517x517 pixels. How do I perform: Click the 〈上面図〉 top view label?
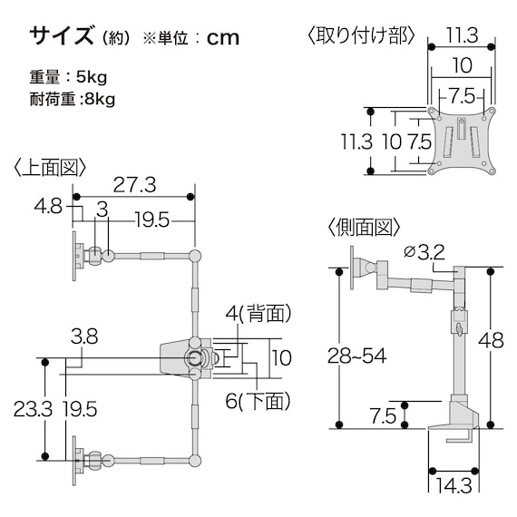pyautogui.click(x=49, y=167)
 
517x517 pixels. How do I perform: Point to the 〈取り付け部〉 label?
pyautogui.click(x=360, y=35)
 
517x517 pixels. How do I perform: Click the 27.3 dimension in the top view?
pyautogui.click(x=134, y=185)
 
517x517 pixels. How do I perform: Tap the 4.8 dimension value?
pyautogui.click(x=47, y=207)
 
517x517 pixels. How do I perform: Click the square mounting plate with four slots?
pyautogui.click(x=462, y=140)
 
